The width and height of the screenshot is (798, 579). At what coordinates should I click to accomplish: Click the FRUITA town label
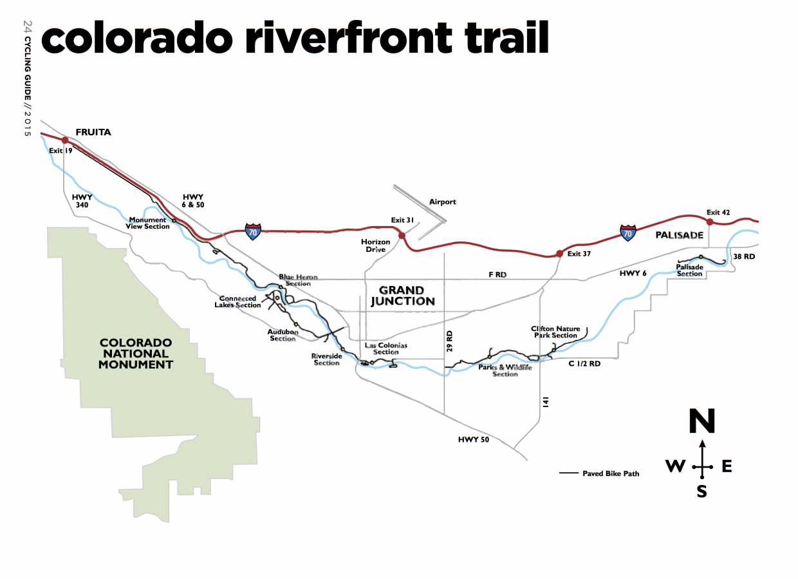point(94,133)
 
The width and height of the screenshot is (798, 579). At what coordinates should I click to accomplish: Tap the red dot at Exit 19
point(65,139)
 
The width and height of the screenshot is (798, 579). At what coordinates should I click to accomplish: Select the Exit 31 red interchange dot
point(402,236)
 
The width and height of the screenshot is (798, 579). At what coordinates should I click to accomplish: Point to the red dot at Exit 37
point(559,253)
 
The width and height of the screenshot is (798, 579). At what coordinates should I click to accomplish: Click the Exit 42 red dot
point(709,222)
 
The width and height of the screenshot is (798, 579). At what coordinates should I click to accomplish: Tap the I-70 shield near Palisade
point(628,233)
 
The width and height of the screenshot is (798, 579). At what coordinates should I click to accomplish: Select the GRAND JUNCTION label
point(402,296)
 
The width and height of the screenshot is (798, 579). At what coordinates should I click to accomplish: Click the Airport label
point(443,202)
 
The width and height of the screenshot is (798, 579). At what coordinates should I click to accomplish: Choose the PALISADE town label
point(680,236)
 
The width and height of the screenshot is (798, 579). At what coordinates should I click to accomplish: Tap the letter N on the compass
point(701,422)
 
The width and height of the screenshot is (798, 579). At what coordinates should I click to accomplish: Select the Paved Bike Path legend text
point(611,473)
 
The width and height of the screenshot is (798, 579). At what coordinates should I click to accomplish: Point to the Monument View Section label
point(148,223)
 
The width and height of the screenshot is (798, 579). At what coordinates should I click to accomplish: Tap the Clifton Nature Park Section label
point(554,332)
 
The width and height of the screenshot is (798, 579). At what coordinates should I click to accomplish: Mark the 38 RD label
point(745,256)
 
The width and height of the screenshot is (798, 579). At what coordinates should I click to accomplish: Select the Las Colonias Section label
point(386,348)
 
